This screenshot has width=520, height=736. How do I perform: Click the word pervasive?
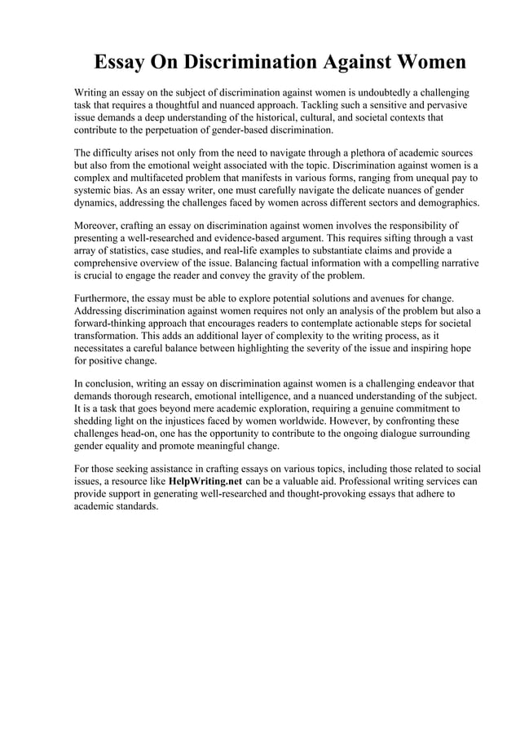tap(443, 106)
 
